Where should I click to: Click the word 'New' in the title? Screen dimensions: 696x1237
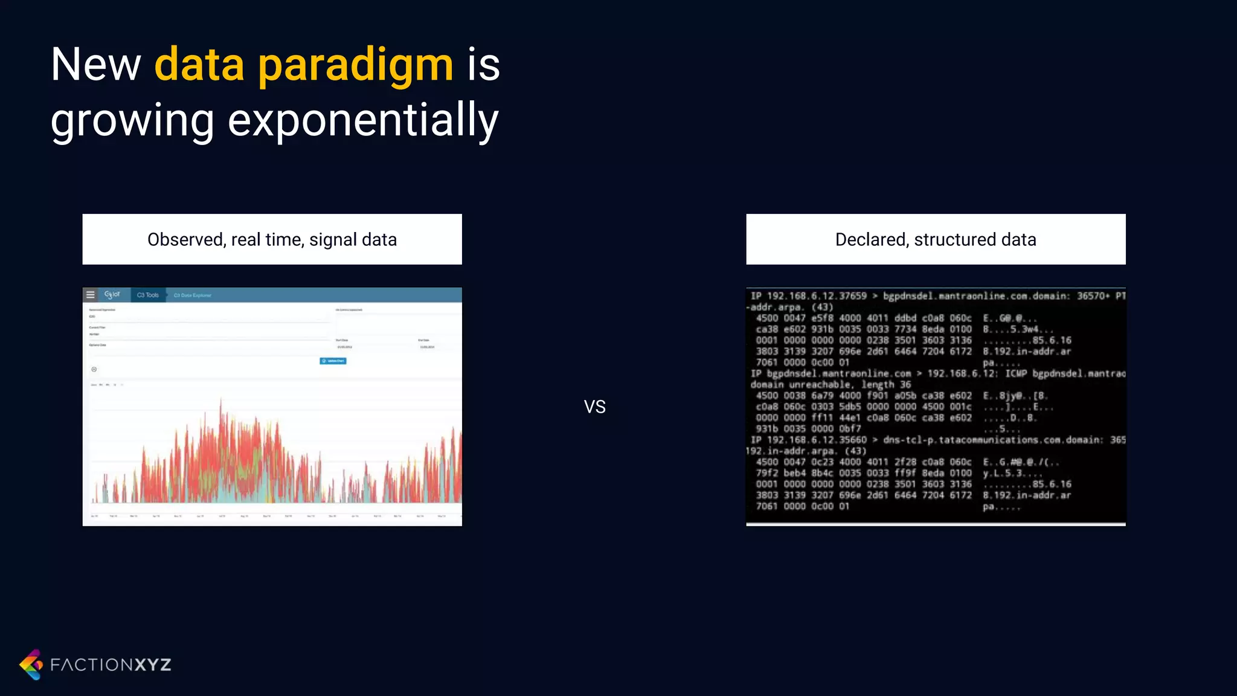point(95,65)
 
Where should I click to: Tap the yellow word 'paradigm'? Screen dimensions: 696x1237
point(355,65)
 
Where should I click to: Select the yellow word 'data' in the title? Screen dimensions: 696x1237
point(199,65)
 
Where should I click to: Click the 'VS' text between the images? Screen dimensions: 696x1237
point(594,407)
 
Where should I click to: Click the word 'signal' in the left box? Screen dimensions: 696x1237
point(333,240)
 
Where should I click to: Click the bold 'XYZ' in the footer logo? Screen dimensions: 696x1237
point(152,665)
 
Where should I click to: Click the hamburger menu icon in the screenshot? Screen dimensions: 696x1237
point(91,295)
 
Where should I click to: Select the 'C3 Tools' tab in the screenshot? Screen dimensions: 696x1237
point(147,295)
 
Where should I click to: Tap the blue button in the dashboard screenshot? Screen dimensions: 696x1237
point(333,361)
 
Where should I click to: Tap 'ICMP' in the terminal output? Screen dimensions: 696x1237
point(1016,374)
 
